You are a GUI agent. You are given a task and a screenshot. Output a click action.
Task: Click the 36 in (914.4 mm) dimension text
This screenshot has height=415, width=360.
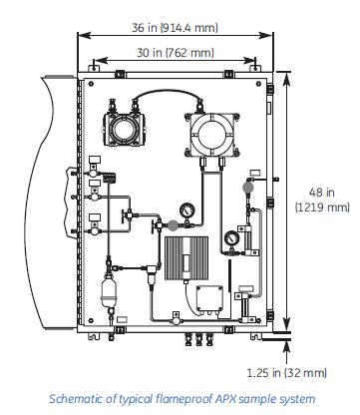coord(175,27)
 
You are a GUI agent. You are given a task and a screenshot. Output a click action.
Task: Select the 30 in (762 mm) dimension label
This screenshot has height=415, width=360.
coord(176,53)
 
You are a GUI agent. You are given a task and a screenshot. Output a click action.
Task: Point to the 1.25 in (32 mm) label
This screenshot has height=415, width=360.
coord(286,373)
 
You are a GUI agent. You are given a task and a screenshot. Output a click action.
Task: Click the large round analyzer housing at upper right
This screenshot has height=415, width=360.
coord(211,134)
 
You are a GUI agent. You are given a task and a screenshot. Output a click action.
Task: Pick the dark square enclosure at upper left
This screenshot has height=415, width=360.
coord(125,129)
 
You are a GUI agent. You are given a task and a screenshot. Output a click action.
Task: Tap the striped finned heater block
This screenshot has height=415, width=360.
coord(186,258)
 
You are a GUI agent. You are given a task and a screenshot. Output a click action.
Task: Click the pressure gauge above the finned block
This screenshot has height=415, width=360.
coord(186,210)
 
